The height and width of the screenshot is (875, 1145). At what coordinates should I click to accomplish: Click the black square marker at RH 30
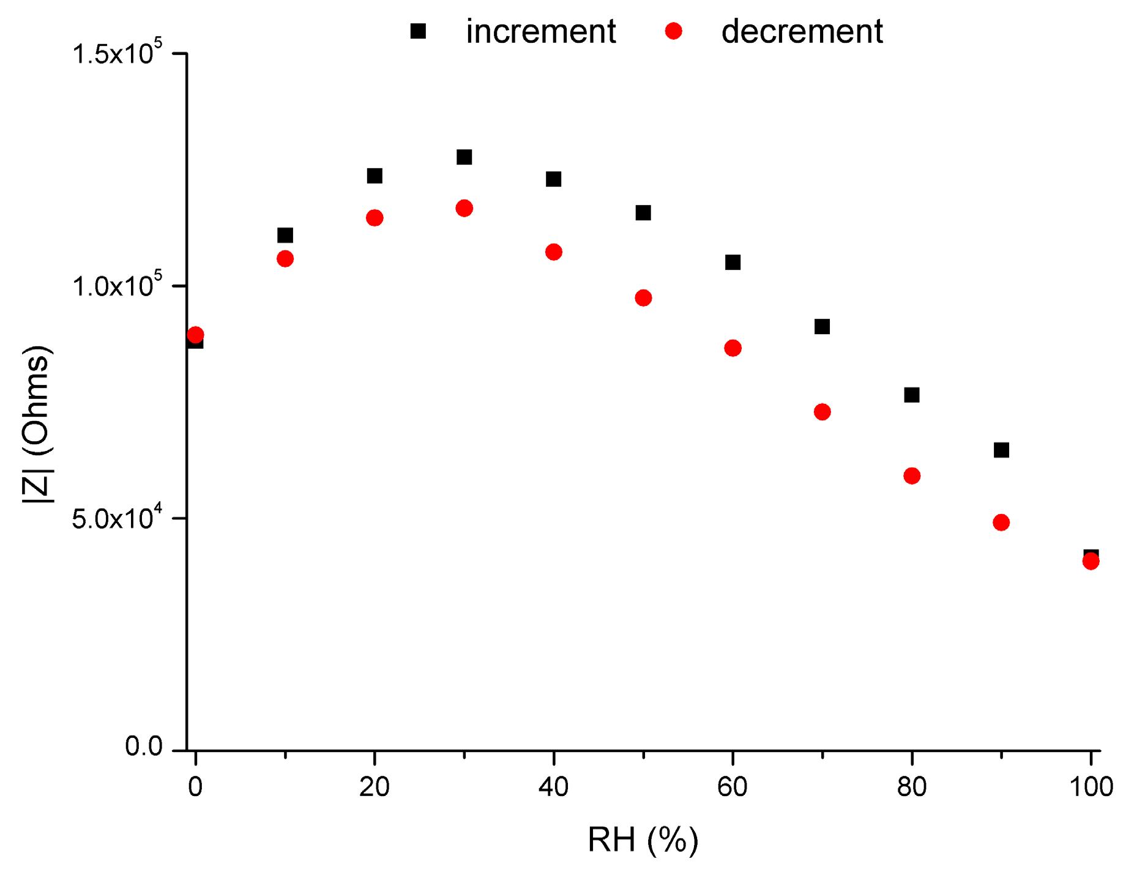pyautogui.click(x=464, y=157)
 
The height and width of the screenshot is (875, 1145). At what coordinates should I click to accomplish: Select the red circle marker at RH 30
pyautogui.click(x=464, y=209)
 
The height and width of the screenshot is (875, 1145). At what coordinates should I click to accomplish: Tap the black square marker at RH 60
pyautogui.click(x=733, y=262)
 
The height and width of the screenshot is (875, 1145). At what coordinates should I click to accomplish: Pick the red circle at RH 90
pyautogui.click(x=1001, y=523)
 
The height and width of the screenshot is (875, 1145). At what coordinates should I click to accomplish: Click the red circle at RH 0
pyautogui.click(x=195, y=335)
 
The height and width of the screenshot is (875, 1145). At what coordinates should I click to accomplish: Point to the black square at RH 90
pyautogui.click(x=1001, y=450)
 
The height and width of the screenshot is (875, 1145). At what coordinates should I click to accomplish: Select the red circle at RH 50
pyautogui.click(x=643, y=298)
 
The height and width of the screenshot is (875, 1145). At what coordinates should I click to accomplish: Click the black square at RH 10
pyautogui.click(x=285, y=236)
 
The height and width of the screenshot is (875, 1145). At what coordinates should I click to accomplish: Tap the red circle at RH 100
pyautogui.click(x=1091, y=562)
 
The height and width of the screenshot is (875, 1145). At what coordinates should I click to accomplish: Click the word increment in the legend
pyautogui.click(x=540, y=31)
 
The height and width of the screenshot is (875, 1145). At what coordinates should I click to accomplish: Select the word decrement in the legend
pyautogui.click(x=802, y=31)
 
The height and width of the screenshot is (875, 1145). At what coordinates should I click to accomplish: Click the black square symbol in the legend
pyautogui.click(x=418, y=31)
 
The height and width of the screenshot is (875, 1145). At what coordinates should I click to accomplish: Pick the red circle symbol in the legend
pyautogui.click(x=673, y=31)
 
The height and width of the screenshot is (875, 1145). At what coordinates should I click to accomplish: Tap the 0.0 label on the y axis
pyautogui.click(x=144, y=747)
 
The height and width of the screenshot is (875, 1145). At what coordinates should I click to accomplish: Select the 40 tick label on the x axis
pyautogui.click(x=553, y=787)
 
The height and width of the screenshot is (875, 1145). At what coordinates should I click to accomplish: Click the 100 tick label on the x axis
pyautogui.click(x=1091, y=787)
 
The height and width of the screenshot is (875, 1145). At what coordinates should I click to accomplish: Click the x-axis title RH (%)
pyautogui.click(x=643, y=840)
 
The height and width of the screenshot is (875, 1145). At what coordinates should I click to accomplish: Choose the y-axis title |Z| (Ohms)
pyautogui.click(x=38, y=425)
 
